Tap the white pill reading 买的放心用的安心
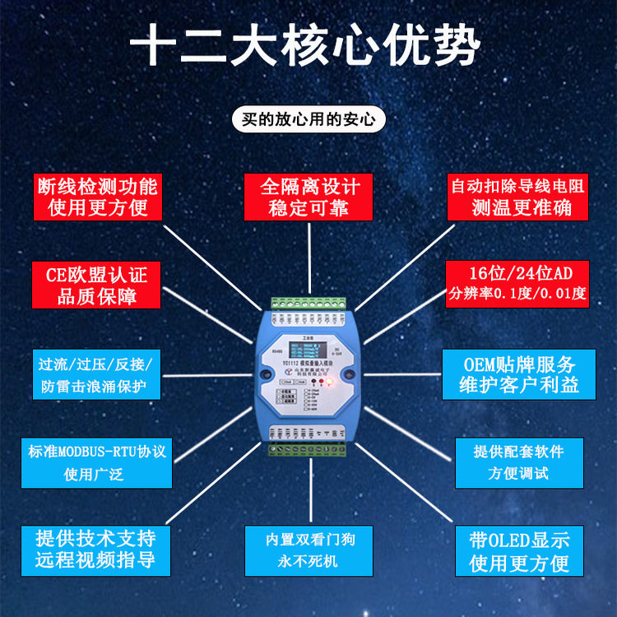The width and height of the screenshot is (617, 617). [308, 119]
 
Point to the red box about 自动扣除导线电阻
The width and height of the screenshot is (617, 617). [518, 196]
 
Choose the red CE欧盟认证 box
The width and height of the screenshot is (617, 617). [96, 285]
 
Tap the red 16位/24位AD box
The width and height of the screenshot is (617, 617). [517, 285]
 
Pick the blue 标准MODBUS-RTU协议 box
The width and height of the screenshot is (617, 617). [96, 462]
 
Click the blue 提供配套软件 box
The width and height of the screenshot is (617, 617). [518, 462]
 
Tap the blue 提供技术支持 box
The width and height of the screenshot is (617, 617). [96, 550]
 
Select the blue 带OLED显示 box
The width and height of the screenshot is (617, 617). [519, 550]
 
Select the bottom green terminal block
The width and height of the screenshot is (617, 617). [308, 448]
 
